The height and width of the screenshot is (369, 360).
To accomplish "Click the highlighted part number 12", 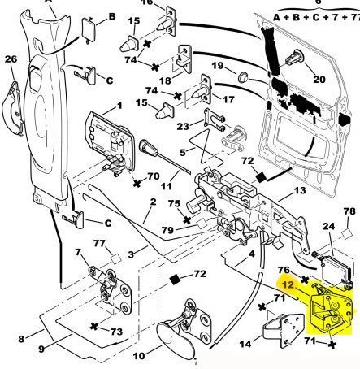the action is pyautogui.click(x=288, y=285).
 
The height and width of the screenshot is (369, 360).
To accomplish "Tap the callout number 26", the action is pyautogui.click(x=11, y=59).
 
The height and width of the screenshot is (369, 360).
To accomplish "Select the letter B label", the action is pyautogui.click(x=112, y=16).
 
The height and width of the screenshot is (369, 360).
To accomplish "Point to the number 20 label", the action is pyautogui.click(x=319, y=80).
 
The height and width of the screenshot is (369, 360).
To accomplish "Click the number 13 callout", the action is pyautogui.click(x=300, y=190).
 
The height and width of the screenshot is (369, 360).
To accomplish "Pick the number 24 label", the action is pyautogui.click(x=329, y=226).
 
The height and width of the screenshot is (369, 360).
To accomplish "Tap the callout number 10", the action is pyautogui.click(x=139, y=356).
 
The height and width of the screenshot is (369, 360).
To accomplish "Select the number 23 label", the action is pyautogui.click(x=183, y=126).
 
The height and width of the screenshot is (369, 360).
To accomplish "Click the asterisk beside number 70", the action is pyautogui.click(x=137, y=184).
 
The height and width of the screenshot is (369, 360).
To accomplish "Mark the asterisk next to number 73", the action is pyautogui.click(x=94, y=326).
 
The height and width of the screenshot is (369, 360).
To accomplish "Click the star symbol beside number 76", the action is pyautogui.click(x=305, y=280).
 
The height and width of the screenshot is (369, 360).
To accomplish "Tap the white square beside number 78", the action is pyautogui.click(x=347, y=233).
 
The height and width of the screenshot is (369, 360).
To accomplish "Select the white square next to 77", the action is pyautogui.click(x=116, y=259).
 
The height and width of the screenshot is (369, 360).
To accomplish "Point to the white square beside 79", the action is pyautogui.click(x=202, y=224).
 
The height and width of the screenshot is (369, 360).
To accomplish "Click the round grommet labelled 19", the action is pyautogui.click(x=243, y=76).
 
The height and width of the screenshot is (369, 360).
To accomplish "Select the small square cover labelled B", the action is pyautogui.click(x=89, y=29).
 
